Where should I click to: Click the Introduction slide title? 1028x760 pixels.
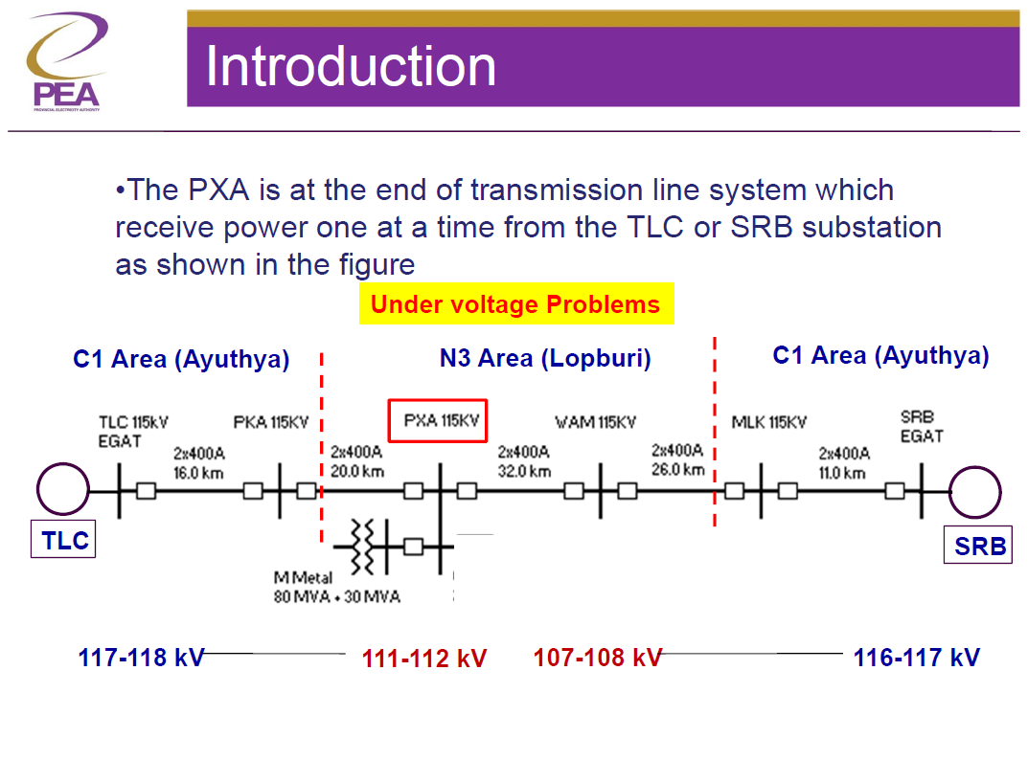click(x=351, y=66)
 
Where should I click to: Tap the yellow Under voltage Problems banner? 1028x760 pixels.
click(x=515, y=304)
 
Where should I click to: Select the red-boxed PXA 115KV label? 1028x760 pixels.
click(x=440, y=421)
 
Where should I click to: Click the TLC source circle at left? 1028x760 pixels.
click(x=63, y=490)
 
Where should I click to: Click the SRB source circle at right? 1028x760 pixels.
click(x=975, y=492)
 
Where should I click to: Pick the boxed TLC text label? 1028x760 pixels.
click(x=64, y=541)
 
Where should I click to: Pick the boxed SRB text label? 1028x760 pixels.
click(x=978, y=546)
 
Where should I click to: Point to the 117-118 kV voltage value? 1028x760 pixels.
click(x=141, y=658)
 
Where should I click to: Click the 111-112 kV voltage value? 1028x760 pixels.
click(x=423, y=659)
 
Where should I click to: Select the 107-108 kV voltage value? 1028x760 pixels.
click(x=597, y=658)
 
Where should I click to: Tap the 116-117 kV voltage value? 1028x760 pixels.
click(x=916, y=658)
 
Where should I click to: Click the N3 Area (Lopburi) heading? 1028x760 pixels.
click(x=544, y=359)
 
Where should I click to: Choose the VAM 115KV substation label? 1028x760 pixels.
click(x=595, y=422)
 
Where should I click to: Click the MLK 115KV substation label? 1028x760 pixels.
click(x=768, y=422)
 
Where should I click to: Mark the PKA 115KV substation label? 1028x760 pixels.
click(x=271, y=422)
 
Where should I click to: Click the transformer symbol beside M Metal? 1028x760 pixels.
click(x=361, y=547)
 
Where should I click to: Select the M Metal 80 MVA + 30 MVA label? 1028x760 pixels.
click(x=335, y=588)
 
